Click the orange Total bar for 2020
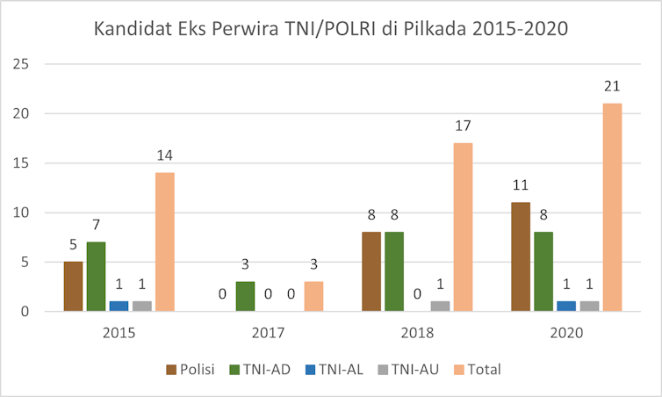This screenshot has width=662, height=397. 612,207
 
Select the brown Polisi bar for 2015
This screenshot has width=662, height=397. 73,286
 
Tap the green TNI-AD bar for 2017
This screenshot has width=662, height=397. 245,296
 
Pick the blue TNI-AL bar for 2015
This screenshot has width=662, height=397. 119,306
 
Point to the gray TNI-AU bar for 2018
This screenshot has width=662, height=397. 440,306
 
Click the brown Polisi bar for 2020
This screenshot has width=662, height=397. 521,256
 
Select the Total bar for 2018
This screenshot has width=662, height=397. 463,227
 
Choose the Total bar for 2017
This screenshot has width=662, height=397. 313,296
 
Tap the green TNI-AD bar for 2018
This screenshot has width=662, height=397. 394,271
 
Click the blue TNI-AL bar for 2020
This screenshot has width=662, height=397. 566,306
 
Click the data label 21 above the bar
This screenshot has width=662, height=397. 612,85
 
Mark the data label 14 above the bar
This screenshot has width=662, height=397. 164,155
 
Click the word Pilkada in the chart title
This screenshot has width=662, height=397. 432,29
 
